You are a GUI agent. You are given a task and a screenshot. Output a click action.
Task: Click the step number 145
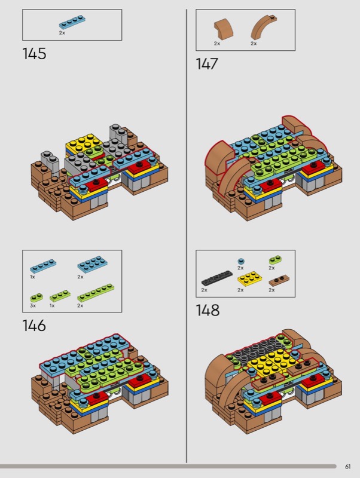pos(34,54)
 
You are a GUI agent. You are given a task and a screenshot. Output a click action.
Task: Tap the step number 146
pos(34,326)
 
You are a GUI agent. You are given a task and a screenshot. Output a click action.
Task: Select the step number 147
pos(207,64)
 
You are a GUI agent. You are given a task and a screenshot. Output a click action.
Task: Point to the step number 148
pos(208,310)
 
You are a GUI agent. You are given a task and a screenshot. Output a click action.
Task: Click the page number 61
pos(348,467)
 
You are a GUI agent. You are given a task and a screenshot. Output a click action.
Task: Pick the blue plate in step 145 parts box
pos(72,22)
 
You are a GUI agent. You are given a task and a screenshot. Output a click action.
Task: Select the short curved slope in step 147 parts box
pos(223,29)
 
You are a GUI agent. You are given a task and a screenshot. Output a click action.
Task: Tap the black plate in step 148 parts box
pos(217,278)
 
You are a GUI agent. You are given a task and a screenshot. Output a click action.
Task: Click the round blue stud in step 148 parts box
pos(241,261)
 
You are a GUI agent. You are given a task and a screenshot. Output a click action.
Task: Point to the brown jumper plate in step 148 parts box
pos(279,280)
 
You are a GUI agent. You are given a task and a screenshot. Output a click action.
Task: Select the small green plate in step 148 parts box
pos(275,260)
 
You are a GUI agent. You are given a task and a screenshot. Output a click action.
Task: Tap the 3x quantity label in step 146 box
pos(33,305)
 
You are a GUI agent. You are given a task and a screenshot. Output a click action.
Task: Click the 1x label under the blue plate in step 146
pos(33,277)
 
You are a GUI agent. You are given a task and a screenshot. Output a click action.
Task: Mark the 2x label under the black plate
pos(204,290)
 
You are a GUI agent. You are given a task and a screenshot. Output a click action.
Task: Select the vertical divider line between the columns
pos(187,235)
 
